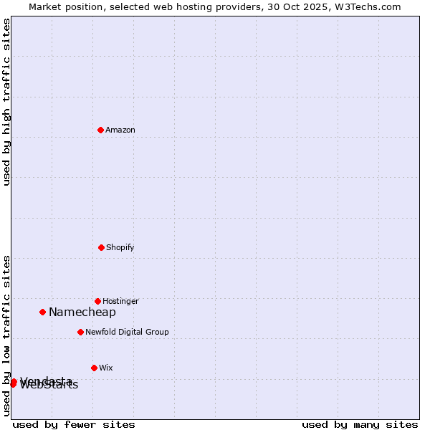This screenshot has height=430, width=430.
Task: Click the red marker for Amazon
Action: [x=100, y=130]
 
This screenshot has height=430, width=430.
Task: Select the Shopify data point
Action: [x=101, y=247]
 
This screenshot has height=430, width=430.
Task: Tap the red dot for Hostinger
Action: [x=97, y=301]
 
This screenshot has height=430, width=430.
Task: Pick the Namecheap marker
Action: [x=42, y=312]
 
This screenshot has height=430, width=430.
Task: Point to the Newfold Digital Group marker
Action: [x=80, y=332]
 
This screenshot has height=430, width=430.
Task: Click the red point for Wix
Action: [x=94, y=368]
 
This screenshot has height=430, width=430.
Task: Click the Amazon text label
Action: [x=120, y=130]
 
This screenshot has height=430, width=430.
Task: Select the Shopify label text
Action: [x=120, y=247]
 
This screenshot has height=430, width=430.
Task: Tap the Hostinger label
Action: [x=120, y=301]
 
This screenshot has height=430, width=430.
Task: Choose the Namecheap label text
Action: [x=82, y=312]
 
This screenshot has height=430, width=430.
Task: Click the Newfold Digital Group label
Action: [x=127, y=332]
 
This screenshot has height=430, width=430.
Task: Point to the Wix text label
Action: [x=106, y=368]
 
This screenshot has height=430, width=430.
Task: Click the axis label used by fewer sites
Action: [x=74, y=424]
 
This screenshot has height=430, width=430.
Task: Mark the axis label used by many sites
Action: [x=360, y=424]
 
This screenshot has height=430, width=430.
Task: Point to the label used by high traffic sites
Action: [x=7, y=102]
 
